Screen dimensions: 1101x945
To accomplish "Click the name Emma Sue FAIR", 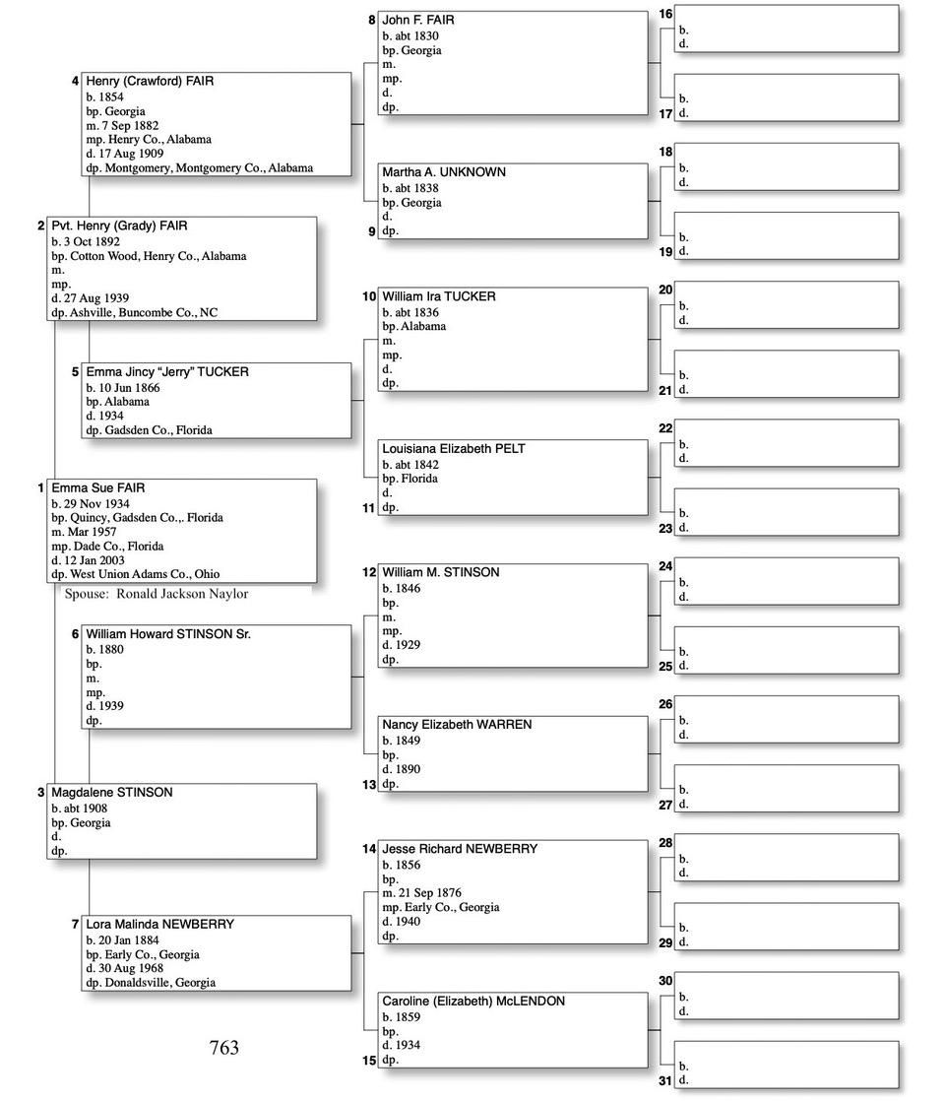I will [98, 487].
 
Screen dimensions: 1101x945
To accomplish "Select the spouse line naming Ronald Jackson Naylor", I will [157, 594].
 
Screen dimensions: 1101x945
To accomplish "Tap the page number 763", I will [224, 1048].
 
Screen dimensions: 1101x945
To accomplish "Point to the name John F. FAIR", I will [418, 20].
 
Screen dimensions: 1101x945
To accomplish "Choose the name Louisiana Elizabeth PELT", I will [454, 448].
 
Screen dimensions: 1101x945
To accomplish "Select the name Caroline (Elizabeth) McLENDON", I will [473, 1001].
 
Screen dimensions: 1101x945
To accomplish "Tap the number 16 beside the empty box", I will [665, 14].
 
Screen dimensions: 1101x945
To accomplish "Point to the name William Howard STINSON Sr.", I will [168, 634].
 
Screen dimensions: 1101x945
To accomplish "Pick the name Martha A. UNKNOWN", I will [444, 171].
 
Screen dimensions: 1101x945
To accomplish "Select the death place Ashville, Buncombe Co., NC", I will [144, 312].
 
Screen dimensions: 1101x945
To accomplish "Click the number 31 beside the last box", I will [665, 1080].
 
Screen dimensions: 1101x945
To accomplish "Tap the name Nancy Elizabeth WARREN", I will [457, 724].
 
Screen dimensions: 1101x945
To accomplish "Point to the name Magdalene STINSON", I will [112, 792].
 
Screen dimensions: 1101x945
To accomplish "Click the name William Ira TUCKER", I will [439, 296].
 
